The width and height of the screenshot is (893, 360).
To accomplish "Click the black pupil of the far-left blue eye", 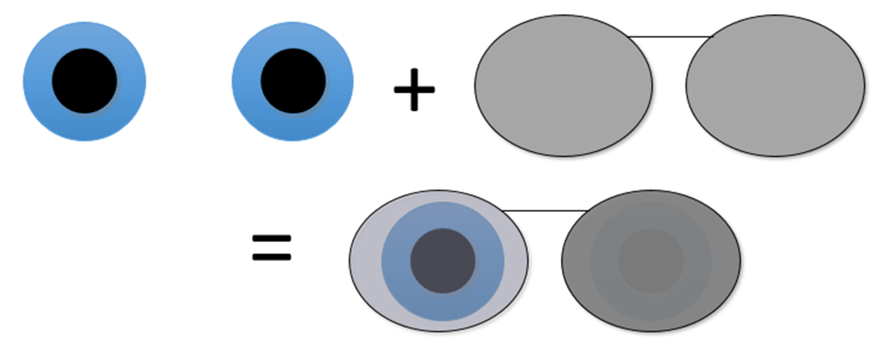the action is [x=84, y=80].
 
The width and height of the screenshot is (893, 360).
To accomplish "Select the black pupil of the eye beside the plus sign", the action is [x=293, y=80].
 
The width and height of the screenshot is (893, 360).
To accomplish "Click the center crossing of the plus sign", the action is [x=415, y=90].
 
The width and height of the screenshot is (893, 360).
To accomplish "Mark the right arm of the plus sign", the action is [x=428, y=90].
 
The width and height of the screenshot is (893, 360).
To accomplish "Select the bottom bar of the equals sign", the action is [x=272, y=256].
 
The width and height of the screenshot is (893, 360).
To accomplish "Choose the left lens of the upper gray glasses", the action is [x=563, y=86].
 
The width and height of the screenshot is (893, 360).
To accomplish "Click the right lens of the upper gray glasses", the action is [x=775, y=86].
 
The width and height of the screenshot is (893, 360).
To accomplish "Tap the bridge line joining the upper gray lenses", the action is [x=669, y=36].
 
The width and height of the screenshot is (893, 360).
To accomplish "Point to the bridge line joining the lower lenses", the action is [x=545, y=210].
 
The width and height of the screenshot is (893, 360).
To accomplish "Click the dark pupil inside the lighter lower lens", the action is [x=442, y=260].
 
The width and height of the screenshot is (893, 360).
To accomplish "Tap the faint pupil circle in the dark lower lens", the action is [x=651, y=260].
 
